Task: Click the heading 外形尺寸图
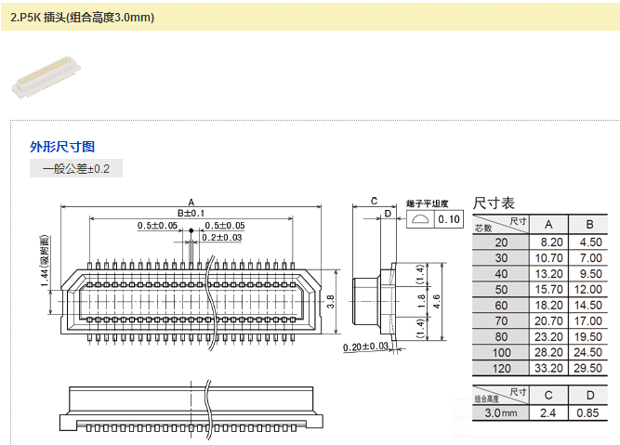62,147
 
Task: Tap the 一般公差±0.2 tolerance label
76,168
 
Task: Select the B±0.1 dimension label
191,214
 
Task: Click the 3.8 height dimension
330,300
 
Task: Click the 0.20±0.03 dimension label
365,347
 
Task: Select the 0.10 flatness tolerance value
449,219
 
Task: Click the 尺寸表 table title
494,203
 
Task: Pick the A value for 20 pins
548,242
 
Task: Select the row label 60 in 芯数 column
503,305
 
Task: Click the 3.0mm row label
501,412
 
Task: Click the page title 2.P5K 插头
83,17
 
